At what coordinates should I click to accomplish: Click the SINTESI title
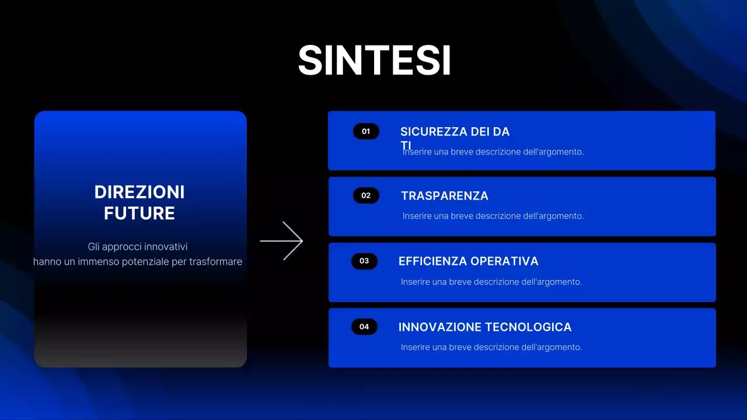pyautogui.click(x=374, y=60)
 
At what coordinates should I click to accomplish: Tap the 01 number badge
pyautogui.click(x=366, y=131)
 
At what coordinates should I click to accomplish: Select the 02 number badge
pyautogui.click(x=366, y=195)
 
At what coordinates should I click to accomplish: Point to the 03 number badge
pyautogui.click(x=364, y=261)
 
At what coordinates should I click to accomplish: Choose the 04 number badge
pyautogui.click(x=364, y=327)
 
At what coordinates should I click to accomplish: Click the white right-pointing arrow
pyautogui.click(x=282, y=240)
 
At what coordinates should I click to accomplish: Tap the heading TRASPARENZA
pyautogui.click(x=445, y=196)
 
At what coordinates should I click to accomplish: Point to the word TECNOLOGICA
pyautogui.click(x=529, y=327)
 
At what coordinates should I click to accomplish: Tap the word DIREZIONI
pyautogui.click(x=139, y=192)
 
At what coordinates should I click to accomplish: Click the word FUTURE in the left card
pyautogui.click(x=139, y=213)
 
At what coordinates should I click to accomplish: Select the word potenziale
pyautogui.click(x=145, y=262)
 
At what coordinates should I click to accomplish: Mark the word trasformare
pyautogui.click(x=215, y=262)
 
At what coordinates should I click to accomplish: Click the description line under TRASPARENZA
pyautogui.click(x=493, y=216)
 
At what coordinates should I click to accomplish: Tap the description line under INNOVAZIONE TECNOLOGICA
pyautogui.click(x=491, y=347)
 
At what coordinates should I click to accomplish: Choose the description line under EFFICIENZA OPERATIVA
pyautogui.click(x=491, y=282)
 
